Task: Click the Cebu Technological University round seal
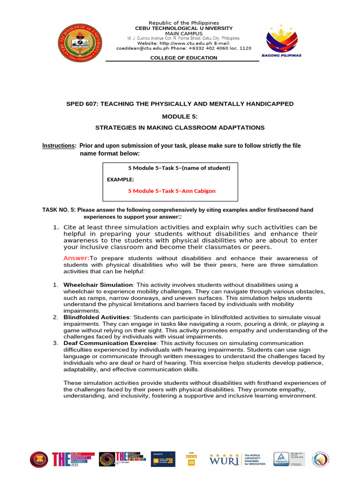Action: point(79,42)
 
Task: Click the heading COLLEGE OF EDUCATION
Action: point(183,58)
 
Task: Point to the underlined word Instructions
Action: point(59,146)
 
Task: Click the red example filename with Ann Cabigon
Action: point(172,191)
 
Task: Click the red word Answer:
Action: point(76,258)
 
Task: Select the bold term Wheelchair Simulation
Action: point(98,285)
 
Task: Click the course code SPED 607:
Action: point(82,104)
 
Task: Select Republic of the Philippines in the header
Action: point(183,23)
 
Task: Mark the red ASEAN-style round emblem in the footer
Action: point(39,459)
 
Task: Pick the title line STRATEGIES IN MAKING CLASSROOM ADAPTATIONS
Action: point(180,127)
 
